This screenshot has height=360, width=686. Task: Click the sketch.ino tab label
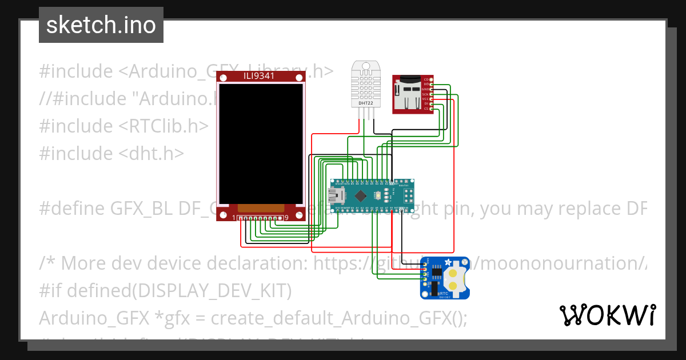[x=101, y=25]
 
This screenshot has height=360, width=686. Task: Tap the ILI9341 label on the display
[x=262, y=77]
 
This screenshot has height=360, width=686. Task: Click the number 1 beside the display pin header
[x=234, y=218]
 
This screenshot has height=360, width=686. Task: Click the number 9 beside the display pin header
[x=286, y=218]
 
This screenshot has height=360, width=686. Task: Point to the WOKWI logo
[x=608, y=315]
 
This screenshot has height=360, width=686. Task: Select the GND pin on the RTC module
[x=425, y=267]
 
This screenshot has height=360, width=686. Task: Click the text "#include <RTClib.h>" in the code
[x=123, y=126]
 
